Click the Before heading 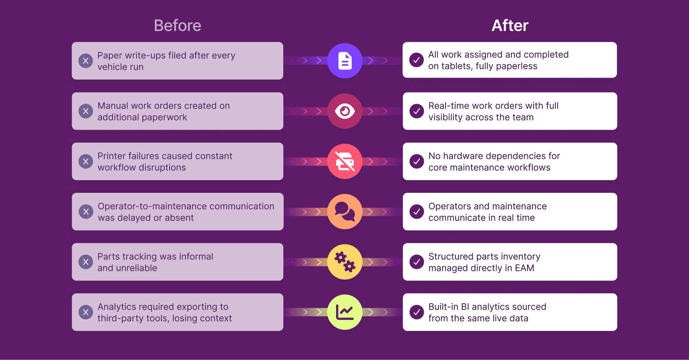click(177, 26)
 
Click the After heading click(510, 26)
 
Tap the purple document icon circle click(345, 61)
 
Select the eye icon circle click(345, 111)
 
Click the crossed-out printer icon click(345, 161)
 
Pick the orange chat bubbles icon click(345, 212)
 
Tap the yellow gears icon click(345, 262)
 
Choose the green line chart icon click(345, 312)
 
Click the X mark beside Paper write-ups click(86, 61)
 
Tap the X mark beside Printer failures click(86, 161)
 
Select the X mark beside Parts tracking click(86, 262)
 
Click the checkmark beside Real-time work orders click(416, 111)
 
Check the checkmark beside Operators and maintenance click(416, 212)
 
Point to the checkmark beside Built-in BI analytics click(416, 312)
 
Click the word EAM click(524, 268)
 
